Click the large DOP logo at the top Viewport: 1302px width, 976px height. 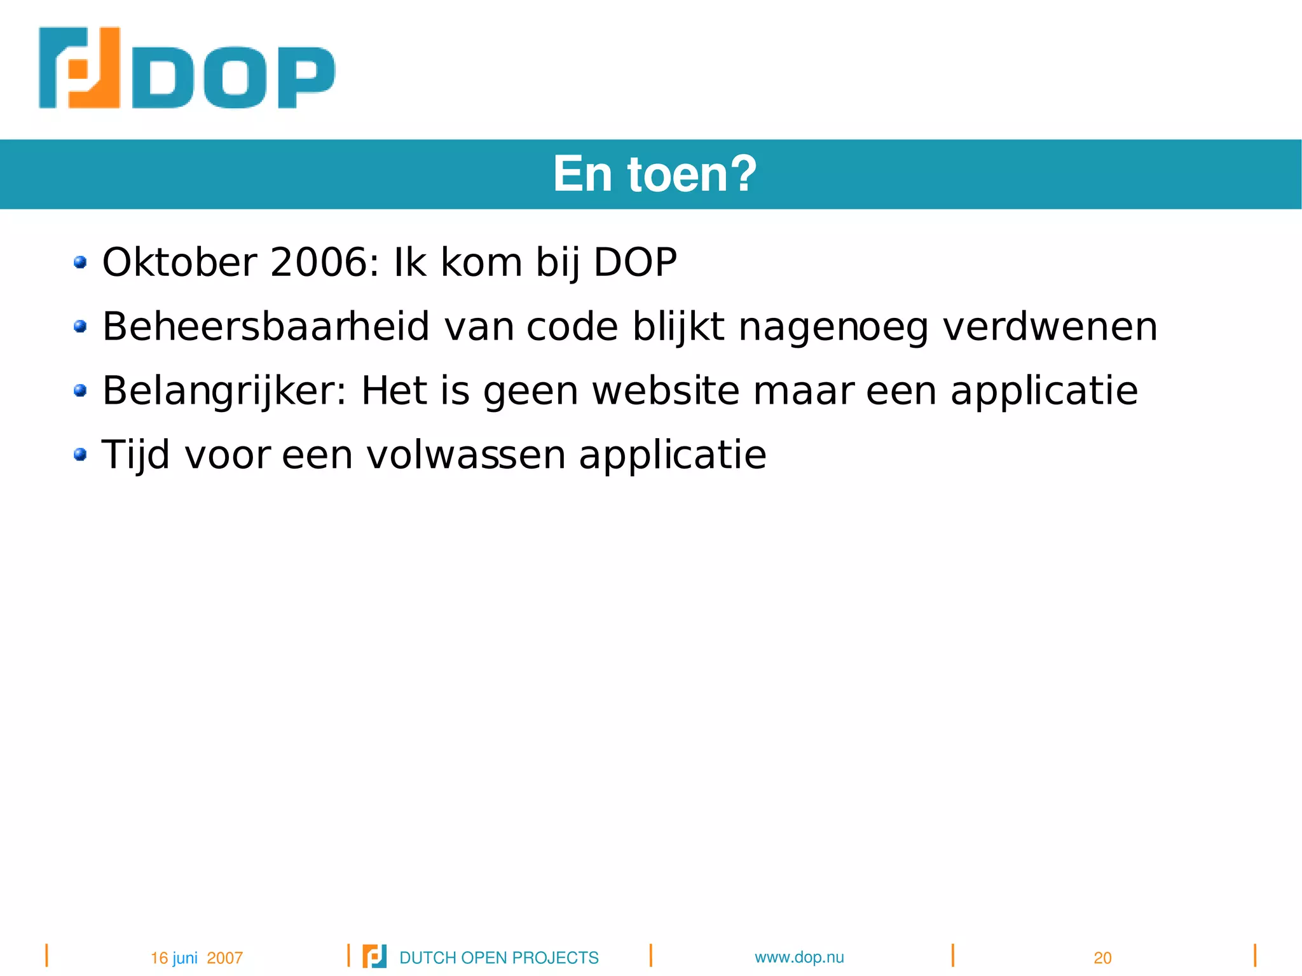point(186,68)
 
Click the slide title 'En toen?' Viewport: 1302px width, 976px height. point(655,174)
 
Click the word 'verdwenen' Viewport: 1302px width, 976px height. point(1050,326)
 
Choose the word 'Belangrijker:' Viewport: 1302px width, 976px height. point(224,390)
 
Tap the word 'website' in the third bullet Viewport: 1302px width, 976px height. point(666,390)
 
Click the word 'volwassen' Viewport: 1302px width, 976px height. point(466,455)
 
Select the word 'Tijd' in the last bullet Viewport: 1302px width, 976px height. point(135,455)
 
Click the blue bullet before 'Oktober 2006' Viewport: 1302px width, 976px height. point(80,262)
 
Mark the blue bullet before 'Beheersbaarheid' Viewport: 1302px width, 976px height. point(80,326)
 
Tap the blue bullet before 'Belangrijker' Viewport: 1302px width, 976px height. point(80,390)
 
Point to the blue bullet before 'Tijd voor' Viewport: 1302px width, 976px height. point(80,455)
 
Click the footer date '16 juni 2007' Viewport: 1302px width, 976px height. point(196,958)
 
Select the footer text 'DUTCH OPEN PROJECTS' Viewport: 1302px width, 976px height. point(498,958)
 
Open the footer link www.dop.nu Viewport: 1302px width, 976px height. point(799,957)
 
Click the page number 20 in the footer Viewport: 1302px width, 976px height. point(1102,958)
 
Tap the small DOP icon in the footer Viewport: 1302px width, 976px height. point(374,956)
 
